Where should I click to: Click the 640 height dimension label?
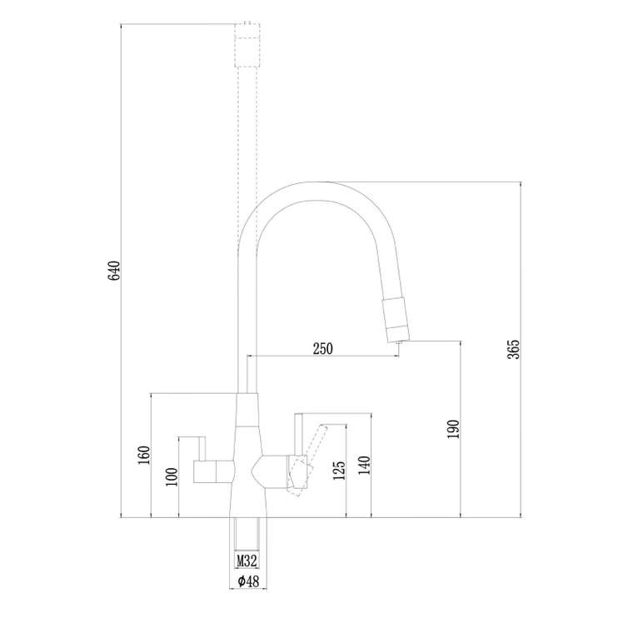point(115,271)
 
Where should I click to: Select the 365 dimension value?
point(515,350)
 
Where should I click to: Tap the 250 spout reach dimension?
point(323,349)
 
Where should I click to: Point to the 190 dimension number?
point(454,429)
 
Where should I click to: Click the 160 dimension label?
point(144,456)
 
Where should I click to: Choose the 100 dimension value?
point(172,476)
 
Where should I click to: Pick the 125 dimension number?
point(340,471)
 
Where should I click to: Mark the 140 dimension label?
point(364,465)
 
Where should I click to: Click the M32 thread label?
point(247,561)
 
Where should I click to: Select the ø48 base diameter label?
point(248,581)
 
